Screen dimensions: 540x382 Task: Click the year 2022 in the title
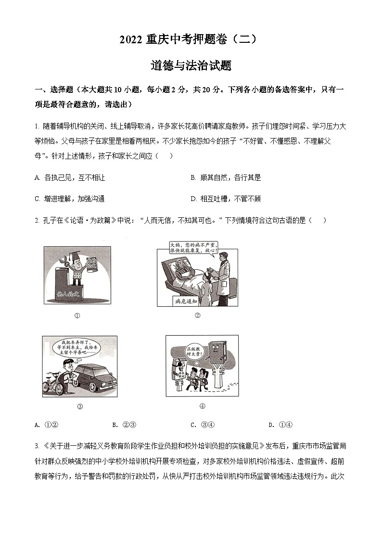131,40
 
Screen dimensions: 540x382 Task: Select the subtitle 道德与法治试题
191,65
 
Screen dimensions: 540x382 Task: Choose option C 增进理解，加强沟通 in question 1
70,199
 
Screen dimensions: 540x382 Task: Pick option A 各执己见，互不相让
70,177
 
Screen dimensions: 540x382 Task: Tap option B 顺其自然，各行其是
226,177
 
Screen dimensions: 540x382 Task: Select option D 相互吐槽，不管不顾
226,199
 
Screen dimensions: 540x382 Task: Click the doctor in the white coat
222,279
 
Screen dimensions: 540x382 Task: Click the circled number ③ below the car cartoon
80,406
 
